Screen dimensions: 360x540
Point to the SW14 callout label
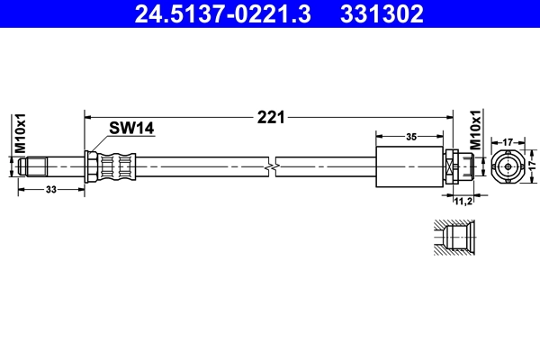[x=131, y=129]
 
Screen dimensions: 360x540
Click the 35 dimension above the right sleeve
[x=409, y=138]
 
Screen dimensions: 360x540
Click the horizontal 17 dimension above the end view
[x=508, y=142]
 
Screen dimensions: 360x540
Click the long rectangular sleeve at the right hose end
[x=409, y=167]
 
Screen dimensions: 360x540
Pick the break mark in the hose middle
[x=270, y=167]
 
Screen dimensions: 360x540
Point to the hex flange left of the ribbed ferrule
[x=91, y=167]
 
